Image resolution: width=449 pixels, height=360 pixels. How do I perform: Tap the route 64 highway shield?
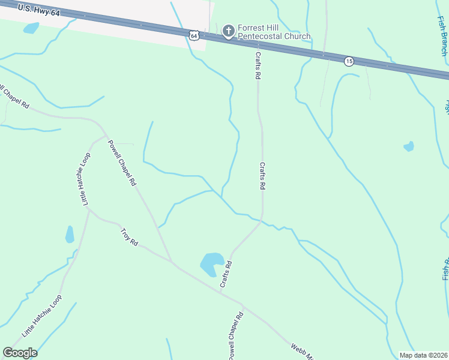193,36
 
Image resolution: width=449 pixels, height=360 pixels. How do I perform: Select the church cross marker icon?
228,31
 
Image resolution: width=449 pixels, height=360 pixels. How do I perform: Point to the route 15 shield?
349,61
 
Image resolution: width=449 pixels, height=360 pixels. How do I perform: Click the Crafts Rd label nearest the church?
258,65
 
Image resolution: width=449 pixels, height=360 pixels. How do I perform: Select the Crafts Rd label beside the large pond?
226,274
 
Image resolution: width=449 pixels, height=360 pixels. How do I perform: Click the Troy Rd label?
129,237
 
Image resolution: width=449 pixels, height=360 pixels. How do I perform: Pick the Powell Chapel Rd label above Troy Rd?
122,162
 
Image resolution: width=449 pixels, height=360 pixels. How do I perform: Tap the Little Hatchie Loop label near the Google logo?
42,316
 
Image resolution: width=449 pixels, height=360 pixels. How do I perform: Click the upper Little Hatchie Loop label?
84,179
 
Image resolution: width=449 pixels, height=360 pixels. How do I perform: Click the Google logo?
20,353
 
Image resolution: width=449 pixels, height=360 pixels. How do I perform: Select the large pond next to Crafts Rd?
211,263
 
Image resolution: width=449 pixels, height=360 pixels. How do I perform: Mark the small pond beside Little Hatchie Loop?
70,234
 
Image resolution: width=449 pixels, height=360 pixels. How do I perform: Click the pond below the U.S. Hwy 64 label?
31,28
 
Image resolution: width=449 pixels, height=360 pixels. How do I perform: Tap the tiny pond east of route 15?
409,146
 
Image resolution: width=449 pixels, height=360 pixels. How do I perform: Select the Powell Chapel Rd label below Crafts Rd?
235,336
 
